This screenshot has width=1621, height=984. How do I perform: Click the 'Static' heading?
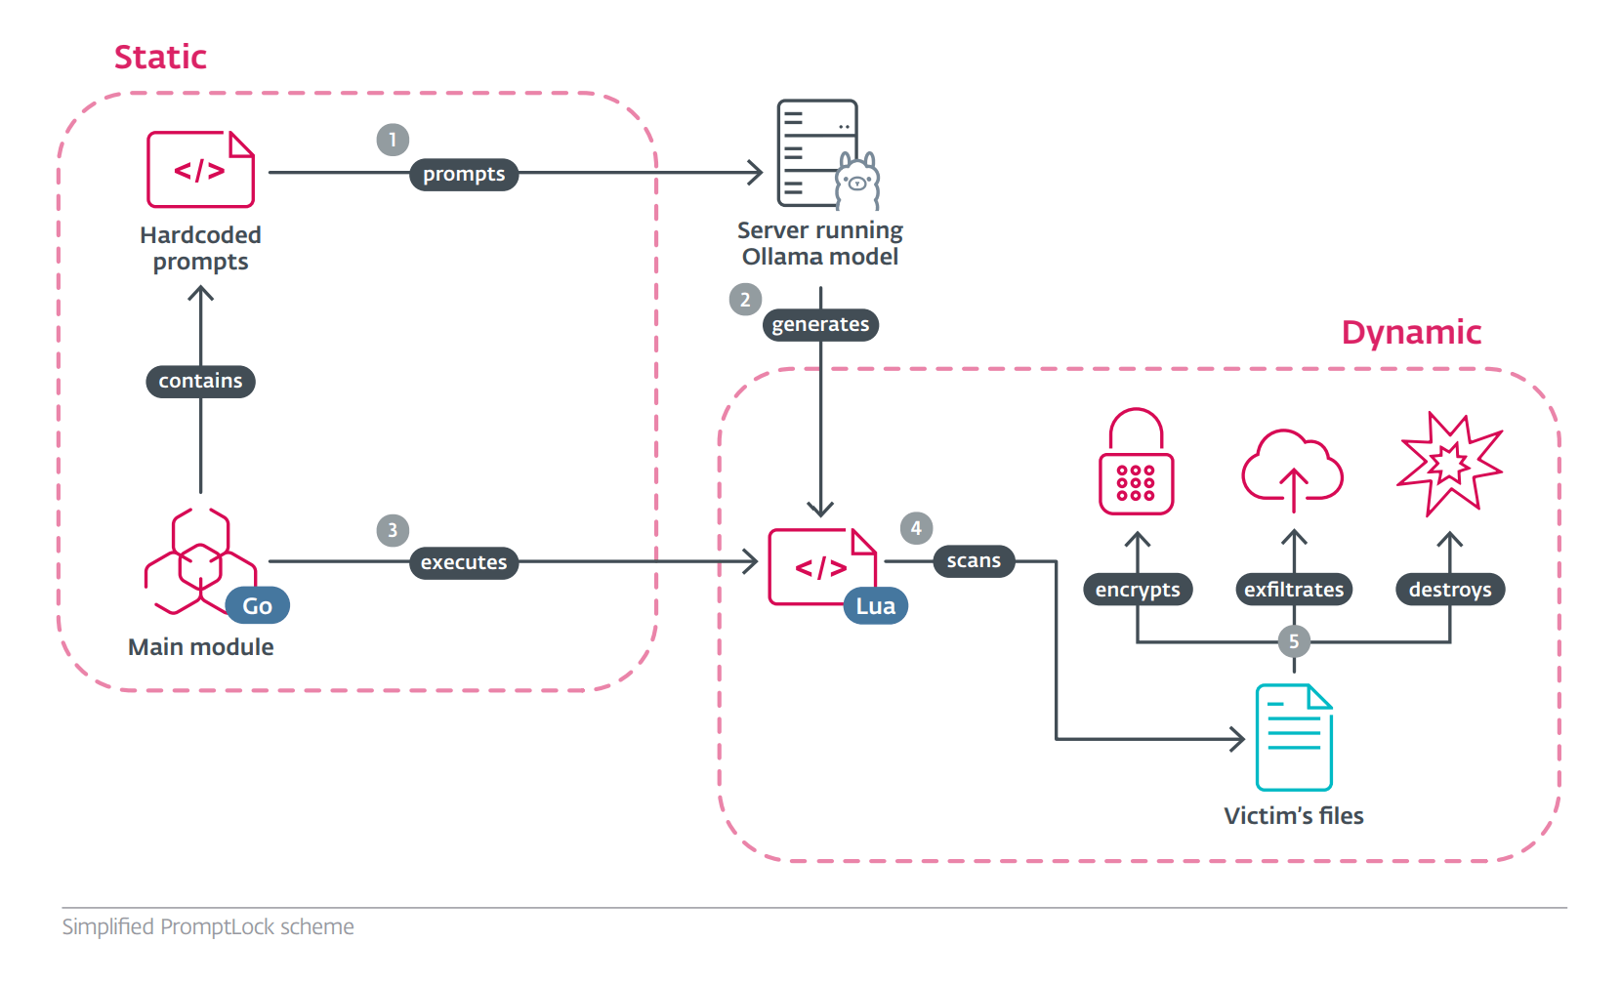[160, 58]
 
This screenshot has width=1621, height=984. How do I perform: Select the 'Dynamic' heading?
[1411, 333]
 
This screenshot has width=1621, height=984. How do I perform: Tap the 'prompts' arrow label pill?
[464, 175]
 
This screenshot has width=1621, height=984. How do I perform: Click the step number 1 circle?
[393, 140]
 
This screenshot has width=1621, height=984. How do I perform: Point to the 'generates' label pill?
[820, 325]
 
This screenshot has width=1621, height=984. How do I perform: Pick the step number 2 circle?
[745, 300]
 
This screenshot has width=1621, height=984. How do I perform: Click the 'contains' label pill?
[200, 382]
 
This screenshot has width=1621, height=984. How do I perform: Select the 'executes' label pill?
[464, 563]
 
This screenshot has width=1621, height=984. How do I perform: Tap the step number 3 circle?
[393, 530]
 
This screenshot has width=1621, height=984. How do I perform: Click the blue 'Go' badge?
[258, 606]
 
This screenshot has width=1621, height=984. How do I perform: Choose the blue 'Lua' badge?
[875, 606]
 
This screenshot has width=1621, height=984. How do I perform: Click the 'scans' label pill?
[974, 561]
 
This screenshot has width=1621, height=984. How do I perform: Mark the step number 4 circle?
[916, 528]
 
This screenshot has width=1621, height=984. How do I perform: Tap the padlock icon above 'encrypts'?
[1136, 463]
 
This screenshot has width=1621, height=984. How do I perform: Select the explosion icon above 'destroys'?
[1449, 464]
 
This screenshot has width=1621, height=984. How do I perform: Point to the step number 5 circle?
[1294, 641]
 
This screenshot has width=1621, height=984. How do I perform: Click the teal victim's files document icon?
[1294, 738]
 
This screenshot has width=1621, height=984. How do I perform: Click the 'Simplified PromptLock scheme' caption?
[208, 927]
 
